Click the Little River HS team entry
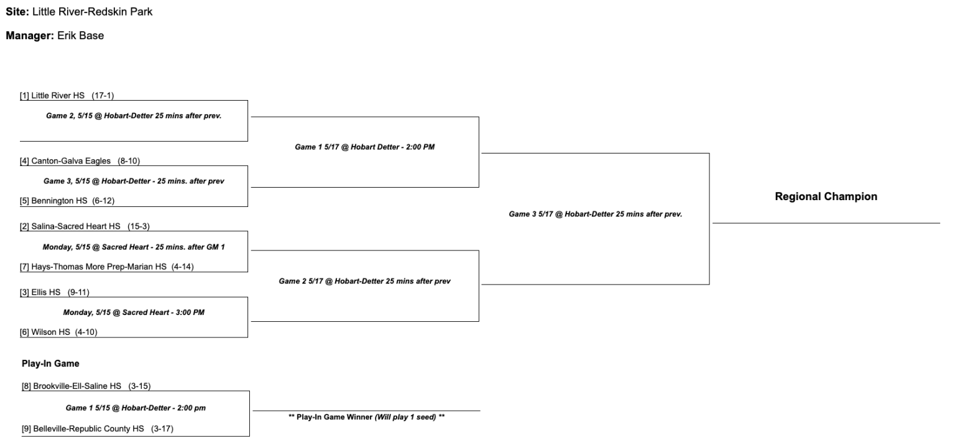(x=57, y=96)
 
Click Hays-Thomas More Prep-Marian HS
(x=99, y=267)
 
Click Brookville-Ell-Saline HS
(x=77, y=386)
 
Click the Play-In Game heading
(x=50, y=363)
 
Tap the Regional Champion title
(x=826, y=196)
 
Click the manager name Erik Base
(x=80, y=35)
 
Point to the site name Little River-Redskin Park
(x=92, y=12)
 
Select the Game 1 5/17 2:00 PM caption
(x=364, y=147)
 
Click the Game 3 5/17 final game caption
(x=595, y=214)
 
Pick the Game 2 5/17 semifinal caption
(x=364, y=281)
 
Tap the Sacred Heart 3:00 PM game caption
(x=134, y=313)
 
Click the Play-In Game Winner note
(x=366, y=417)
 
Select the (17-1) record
(x=103, y=96)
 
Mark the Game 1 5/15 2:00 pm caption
(x=136, y=408)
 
